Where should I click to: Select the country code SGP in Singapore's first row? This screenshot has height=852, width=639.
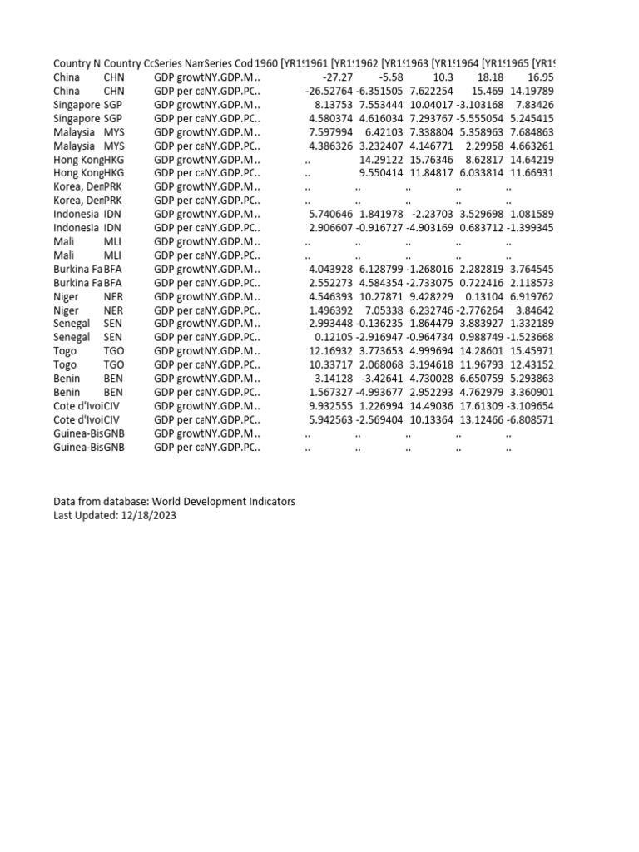113,105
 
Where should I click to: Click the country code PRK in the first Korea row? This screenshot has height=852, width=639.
113,187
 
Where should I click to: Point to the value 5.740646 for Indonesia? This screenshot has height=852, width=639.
330,215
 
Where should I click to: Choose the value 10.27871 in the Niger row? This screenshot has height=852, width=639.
381,296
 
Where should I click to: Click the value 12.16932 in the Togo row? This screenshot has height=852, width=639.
330,351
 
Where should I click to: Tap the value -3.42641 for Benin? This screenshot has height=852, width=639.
383,379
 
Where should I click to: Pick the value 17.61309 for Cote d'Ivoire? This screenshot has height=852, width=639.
481,405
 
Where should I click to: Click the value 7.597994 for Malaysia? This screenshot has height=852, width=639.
330,132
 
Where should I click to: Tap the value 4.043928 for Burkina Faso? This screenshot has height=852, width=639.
330,269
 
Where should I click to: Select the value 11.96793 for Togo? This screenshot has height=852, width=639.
481,364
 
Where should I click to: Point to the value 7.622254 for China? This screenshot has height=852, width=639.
431,91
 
